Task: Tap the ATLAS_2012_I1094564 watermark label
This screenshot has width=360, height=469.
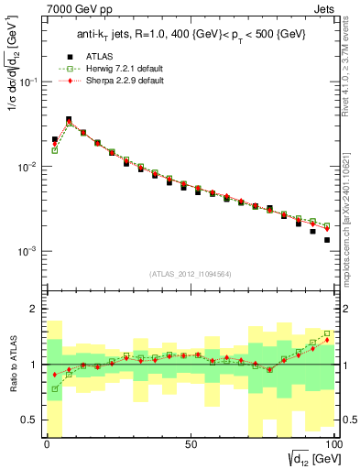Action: (190, 273)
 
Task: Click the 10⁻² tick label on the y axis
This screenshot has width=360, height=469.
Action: (27, 167)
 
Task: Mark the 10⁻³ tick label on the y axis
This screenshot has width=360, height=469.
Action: (27, 251)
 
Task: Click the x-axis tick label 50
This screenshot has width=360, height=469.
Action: (190, 446)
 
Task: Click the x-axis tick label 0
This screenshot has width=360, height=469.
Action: (46, 446)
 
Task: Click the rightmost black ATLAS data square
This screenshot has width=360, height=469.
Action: (327, 240)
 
